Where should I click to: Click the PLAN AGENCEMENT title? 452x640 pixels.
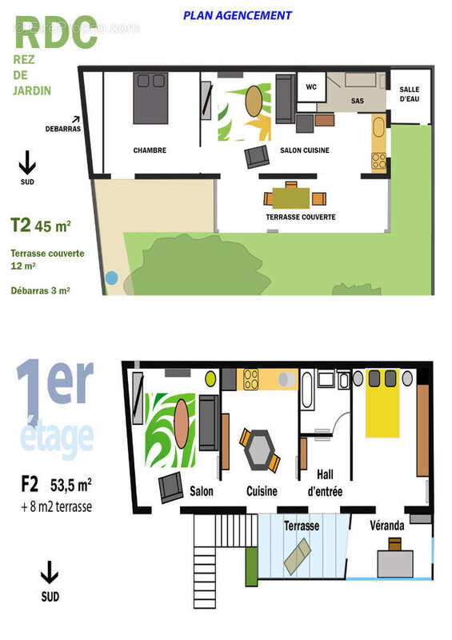click(x=237, y=15)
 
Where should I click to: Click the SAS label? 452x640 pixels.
click(x=357, y=102)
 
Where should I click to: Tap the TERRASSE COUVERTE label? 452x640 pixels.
click(x=300, y=217)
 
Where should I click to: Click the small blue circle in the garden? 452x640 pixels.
click(x=111, y=278)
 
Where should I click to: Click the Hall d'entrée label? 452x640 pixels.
click(x=324, y=482)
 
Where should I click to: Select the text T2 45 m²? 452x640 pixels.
click(x=41, y=225)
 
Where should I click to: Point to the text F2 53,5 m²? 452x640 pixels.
click(x=56, y=484)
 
